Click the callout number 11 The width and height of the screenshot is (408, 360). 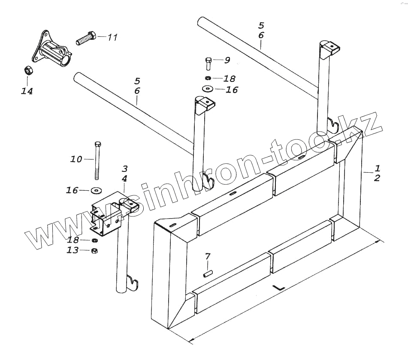click(x=112, y=38)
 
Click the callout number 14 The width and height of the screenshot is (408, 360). click(x=27, y=91)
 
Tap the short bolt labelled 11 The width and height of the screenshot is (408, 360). click(x=87, y=39)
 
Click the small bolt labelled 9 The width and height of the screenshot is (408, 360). click(x=208, y=63)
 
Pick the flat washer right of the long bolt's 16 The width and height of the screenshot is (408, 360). click(x=97, y=189)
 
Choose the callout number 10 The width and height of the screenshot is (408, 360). click(x=76, y=159)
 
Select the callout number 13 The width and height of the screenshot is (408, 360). click(x=72, y=250)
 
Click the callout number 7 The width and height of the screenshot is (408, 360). click(x=208, y=257)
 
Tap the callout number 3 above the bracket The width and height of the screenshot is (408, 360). click(x=124, y=169)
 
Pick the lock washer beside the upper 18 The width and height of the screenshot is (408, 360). click(x=208, y=78)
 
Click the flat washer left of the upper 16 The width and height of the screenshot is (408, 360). click(x=208, y=89)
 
